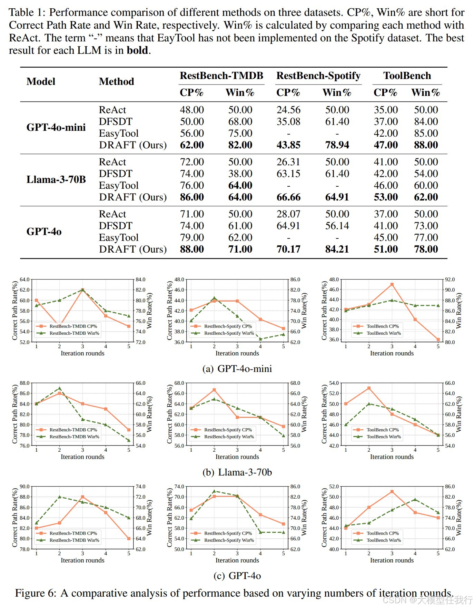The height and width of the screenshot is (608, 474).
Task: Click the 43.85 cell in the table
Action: [288, 145]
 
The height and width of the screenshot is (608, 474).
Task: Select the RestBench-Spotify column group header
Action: [318, 76]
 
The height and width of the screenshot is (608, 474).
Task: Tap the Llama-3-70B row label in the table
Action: [56, 179]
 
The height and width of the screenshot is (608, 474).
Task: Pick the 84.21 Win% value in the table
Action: [337, 249]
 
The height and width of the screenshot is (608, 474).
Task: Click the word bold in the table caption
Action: [137, 50]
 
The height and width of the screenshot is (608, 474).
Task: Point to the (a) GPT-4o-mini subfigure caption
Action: [237, 369]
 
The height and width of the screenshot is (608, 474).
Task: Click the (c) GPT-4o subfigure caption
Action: [237, 576]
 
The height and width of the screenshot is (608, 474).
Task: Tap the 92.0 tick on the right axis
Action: [450, 280]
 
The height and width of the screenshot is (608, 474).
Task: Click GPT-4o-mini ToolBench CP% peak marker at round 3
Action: [392, 284]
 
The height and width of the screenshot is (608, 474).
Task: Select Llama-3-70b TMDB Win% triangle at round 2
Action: [59, 388]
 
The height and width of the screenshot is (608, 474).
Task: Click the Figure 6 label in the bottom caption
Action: [36, 593]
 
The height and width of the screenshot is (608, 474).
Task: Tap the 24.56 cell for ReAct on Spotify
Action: [288, 110]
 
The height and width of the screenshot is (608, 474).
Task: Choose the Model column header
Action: [41, 81]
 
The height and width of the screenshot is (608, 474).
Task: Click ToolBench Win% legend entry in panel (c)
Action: [383, 540]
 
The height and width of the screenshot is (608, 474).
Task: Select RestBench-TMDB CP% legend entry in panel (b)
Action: [73, 430]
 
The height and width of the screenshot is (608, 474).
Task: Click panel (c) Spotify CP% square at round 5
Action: [283, 524]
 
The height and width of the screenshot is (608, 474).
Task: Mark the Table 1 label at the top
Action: [27, 12]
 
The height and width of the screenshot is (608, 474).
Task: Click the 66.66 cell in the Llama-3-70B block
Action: [288, 197]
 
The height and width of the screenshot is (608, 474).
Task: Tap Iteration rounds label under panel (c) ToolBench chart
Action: [392, 560]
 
